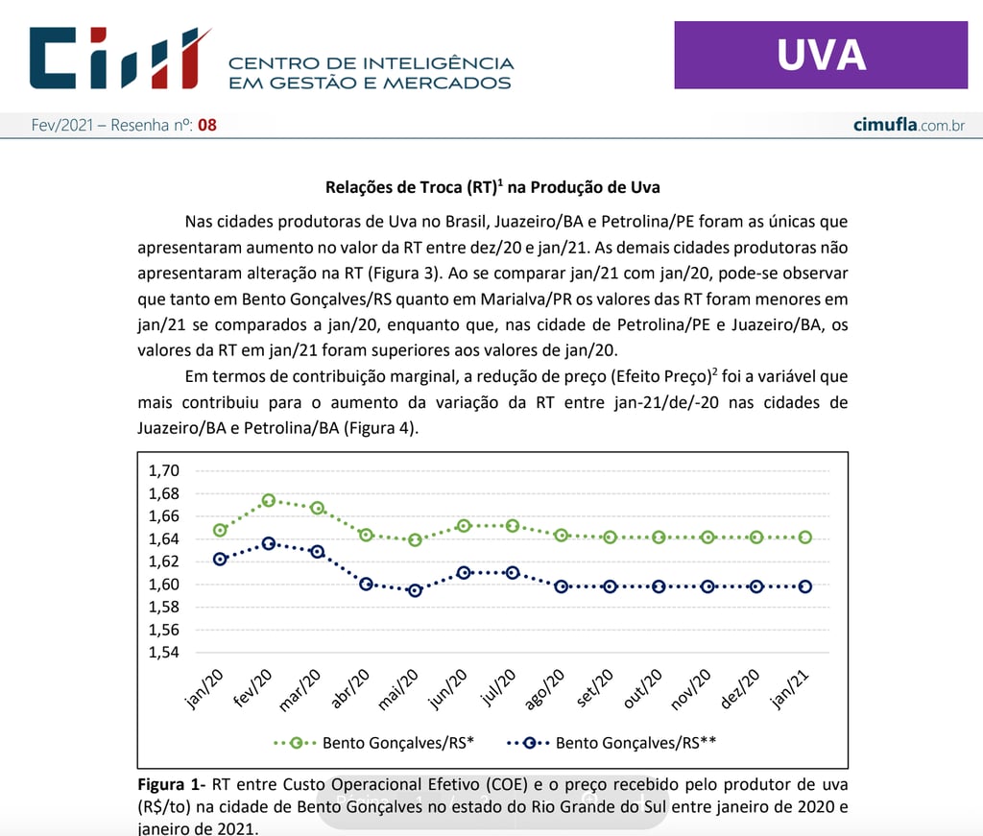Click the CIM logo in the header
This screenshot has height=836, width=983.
[120, 59]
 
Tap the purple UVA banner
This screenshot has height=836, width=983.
[821, 56]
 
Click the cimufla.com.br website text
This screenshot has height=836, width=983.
[908, 125]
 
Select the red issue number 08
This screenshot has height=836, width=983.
[207, 125]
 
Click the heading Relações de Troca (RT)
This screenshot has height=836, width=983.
[492, 187]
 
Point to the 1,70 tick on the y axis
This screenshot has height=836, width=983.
[164, 471]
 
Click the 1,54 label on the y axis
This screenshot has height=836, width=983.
[164, 653]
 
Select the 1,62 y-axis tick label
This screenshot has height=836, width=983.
[164, 561]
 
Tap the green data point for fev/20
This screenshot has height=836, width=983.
[269, 500]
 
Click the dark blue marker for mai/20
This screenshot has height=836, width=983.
[415, 590]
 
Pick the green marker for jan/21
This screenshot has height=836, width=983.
[805, 537]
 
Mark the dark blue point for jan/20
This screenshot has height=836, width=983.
[220, 559]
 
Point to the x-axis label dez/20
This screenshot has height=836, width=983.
[740, 688]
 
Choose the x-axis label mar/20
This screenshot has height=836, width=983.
[300, 690]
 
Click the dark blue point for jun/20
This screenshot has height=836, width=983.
[464, 572]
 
